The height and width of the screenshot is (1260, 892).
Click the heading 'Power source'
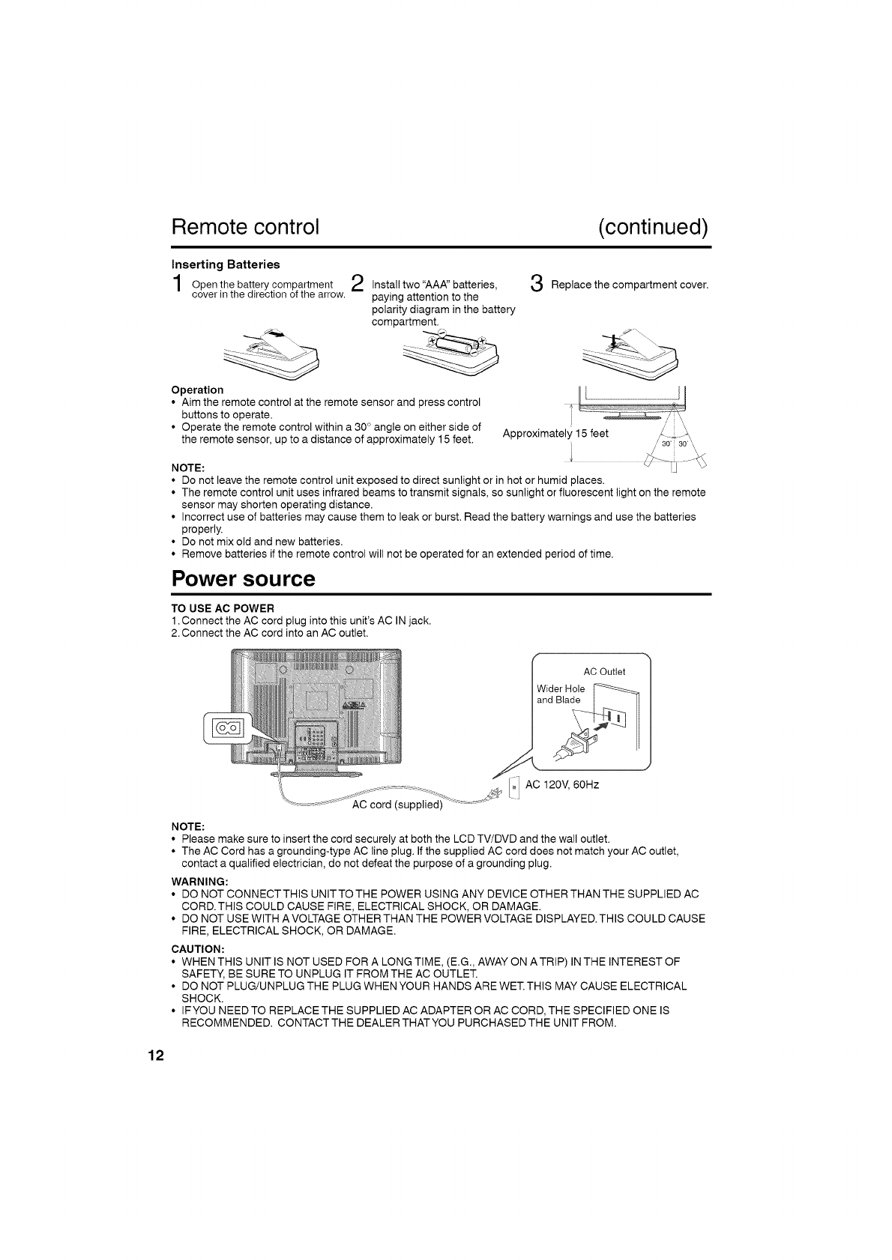(244, 579)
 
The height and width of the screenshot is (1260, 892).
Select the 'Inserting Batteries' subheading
(226, 264)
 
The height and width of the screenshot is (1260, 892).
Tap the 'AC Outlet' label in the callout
(604, 671)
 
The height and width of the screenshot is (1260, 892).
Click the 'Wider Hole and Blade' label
(560, 694)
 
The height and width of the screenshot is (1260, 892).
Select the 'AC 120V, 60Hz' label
(562, 785)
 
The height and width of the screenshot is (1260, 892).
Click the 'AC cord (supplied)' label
(397, 806)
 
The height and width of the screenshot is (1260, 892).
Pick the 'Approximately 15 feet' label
(555, 434)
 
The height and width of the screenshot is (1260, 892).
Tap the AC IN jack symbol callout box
(227, 727)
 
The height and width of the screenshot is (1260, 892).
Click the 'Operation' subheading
(197, 390)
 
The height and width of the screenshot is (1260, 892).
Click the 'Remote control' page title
(246, 226)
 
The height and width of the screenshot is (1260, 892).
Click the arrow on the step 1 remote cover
(275, 335)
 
